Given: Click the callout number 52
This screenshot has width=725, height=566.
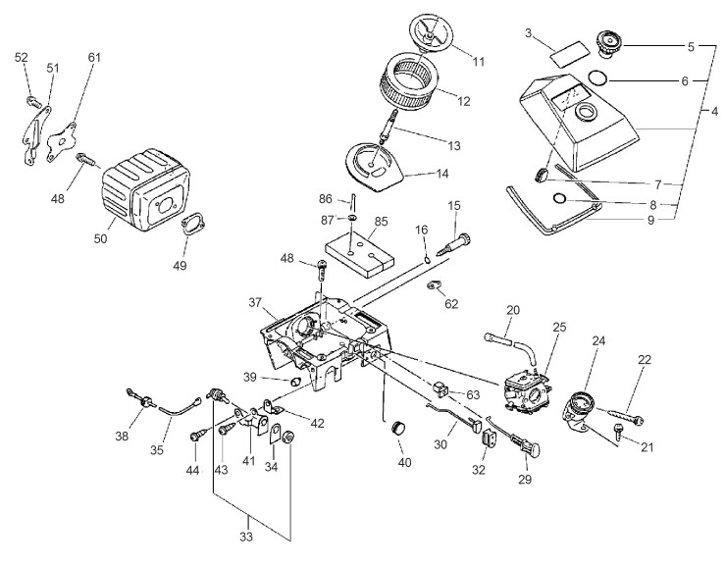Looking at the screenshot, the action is (x=22, y=57).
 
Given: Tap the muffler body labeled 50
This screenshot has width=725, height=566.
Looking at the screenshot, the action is (x=145, y=189).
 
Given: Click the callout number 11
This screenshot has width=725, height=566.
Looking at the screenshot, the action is (x=479, y=62).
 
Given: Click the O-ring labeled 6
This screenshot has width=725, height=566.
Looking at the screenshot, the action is (x=599, y=77).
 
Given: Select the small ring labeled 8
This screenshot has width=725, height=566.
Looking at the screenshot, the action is (x=559, y=198).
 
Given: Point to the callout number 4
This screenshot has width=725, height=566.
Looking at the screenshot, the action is (x=715, y=112).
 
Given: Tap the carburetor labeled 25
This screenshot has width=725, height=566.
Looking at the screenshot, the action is (x=525, y=390).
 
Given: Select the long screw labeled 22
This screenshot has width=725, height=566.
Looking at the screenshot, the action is (x=619, y=414).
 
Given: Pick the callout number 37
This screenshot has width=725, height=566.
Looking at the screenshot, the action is (x=255, y=302).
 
